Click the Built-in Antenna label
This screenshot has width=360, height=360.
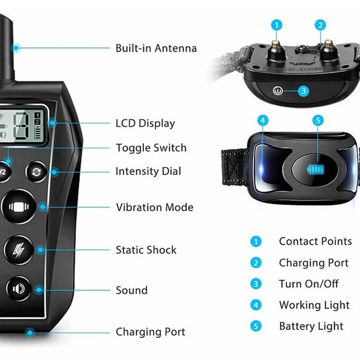[156, 48]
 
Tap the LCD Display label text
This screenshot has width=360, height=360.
[145, 123]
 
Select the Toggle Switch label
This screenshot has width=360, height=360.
[151, 148]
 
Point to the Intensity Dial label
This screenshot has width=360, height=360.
[148, 171]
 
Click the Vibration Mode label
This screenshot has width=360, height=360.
[155, 207]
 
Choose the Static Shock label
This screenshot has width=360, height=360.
[146, 250]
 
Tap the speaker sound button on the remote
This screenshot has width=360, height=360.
[18, 288]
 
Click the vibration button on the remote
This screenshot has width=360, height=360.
[19, 207]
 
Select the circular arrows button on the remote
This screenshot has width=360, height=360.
[36, 172]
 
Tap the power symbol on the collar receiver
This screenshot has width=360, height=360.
[278, 91]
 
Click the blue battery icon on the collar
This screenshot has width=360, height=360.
[316, 170]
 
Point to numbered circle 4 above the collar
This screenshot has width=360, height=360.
[263, 120]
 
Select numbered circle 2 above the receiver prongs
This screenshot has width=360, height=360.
[320, 25]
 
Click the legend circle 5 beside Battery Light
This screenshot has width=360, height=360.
[256, 326]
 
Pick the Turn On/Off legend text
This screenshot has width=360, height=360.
[309, 284]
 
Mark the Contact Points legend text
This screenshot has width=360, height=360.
[315, 242]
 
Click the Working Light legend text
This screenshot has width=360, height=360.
[314, 306]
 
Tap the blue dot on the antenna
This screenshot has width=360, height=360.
[16, 48]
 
